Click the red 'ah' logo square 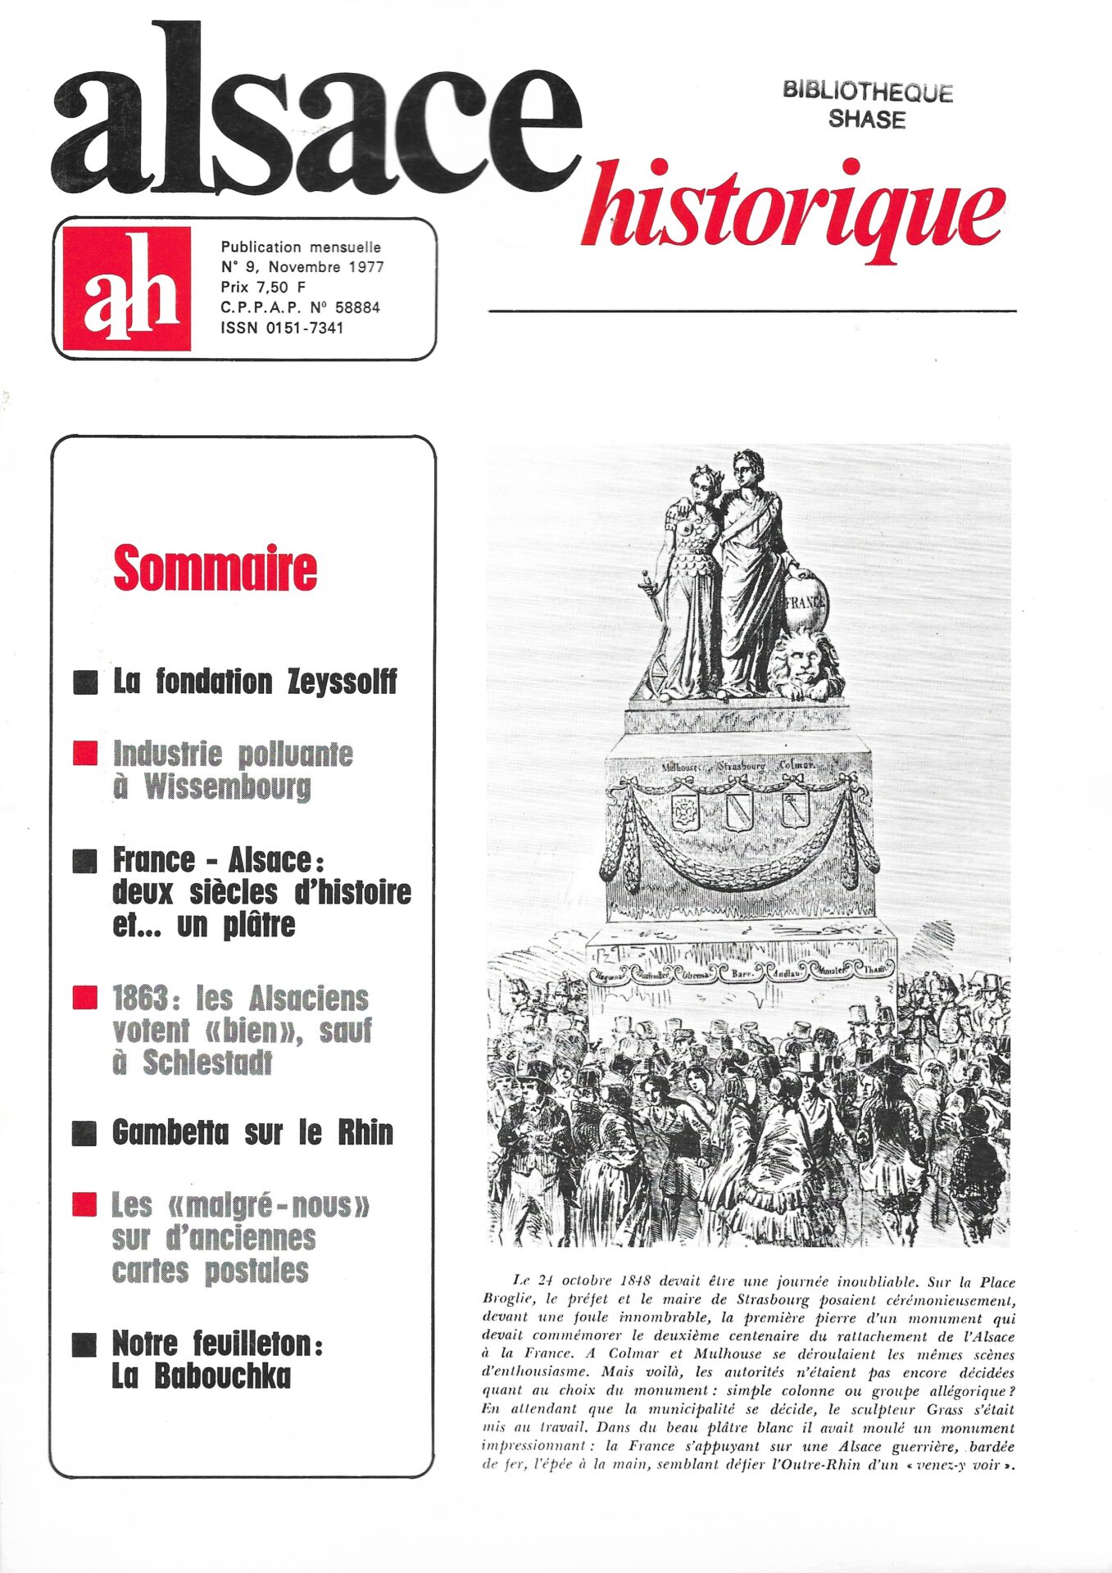(127, 288)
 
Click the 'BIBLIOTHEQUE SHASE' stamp (867, 106)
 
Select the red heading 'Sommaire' (215, 569)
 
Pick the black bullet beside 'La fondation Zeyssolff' (85, 682)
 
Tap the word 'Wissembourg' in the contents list (227, 786)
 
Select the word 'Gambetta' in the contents (170, 1132)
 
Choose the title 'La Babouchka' (201, 1376)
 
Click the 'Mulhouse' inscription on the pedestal (685, 768)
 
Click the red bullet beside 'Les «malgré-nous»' (85, 1204)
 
